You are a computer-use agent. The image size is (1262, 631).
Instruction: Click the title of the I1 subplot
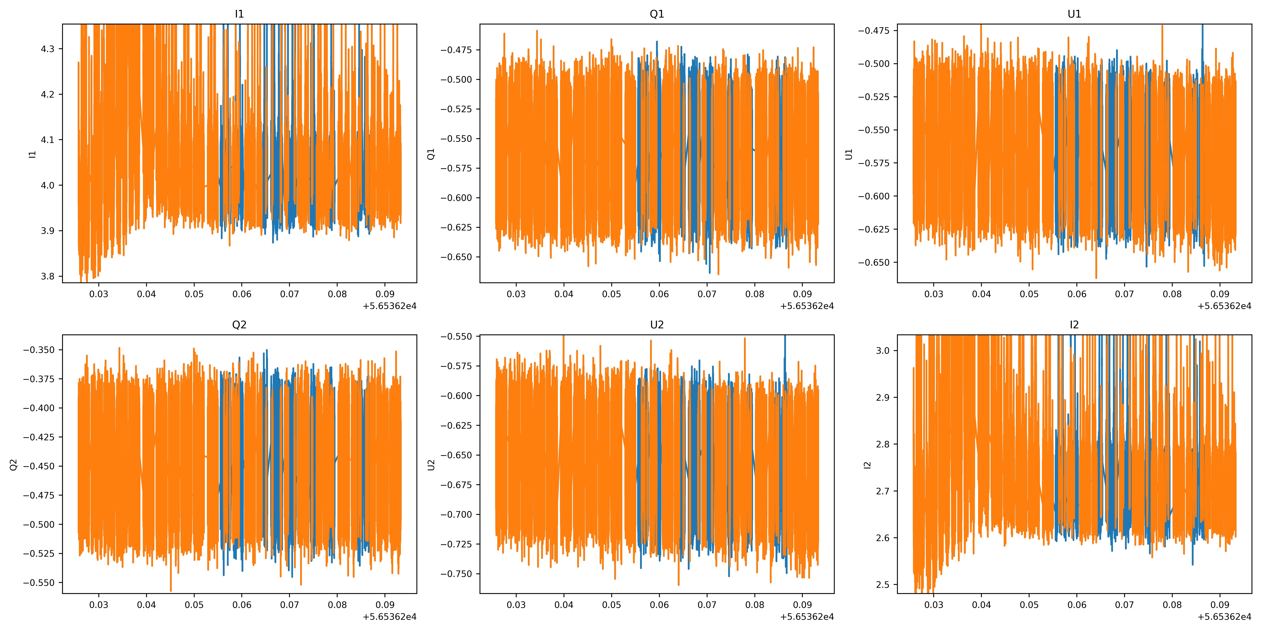239,14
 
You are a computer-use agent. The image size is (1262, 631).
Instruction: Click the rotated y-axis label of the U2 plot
431,464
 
